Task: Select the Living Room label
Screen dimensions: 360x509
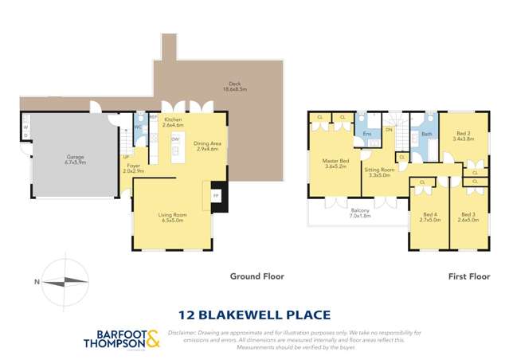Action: pyautogui.click(x=172, y=217)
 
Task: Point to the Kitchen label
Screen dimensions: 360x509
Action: pyautogui.click(x=173, y=122)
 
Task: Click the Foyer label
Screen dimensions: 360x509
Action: pyautogui.click(x=132, y=168)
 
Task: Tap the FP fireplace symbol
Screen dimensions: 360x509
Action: pyautogui.click(x=215, y=195)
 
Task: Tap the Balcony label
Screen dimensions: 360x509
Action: pyautogui.click(x=360, y=213)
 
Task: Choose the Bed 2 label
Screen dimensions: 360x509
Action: pyautogui.click(x=463, y=136)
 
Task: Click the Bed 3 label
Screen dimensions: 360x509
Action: pyautogui.click(x=468, y=217)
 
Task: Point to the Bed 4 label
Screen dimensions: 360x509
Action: pyautogui.click(x=430, y=217)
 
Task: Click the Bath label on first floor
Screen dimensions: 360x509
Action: pyautogui.click(x=426, y=135)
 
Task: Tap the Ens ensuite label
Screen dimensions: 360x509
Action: pyautogui.click(x=366, y=134)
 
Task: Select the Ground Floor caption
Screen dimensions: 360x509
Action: pyautogui.click(x=256, y=276)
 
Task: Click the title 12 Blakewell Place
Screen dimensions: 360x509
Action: pyautogui.click(x=255, y=315)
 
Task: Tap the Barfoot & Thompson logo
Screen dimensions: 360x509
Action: pyautogui.click(x=121, y=339)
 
